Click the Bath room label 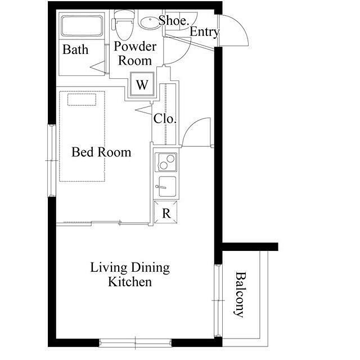75,49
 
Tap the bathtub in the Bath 82,26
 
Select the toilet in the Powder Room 124,25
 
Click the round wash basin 150,23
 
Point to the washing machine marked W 142,84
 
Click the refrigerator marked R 165,212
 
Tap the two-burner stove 166,162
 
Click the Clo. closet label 165,119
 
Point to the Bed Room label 101,152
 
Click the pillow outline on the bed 82,100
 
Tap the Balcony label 240,295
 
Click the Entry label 204,32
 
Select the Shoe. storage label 174,20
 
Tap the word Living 109,268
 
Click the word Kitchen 130,282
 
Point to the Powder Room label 135,53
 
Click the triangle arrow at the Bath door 97,67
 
